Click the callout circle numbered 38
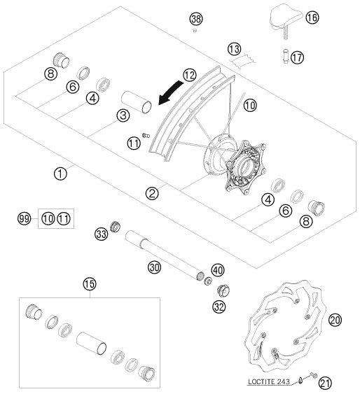pos(196,19)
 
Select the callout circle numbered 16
pos(312,17)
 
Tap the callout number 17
pos(298,57)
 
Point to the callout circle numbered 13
pos(235,49)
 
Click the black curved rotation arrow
pos(170,93)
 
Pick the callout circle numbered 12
pos(190,75)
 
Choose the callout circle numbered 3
pos(123,115)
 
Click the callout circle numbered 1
pos(61,174)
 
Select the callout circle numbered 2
pos(152,193)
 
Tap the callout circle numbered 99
pos(25,218)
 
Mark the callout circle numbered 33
pos(102,234)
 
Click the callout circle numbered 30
pos(154,267)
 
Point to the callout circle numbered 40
pos(218,270)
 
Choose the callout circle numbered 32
pos(219,307)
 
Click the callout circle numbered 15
pos(90,284)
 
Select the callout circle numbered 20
pos(335,320)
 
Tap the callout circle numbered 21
pos(325,384)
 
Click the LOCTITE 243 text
pos(269,382)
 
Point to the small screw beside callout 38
pos(194,31)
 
